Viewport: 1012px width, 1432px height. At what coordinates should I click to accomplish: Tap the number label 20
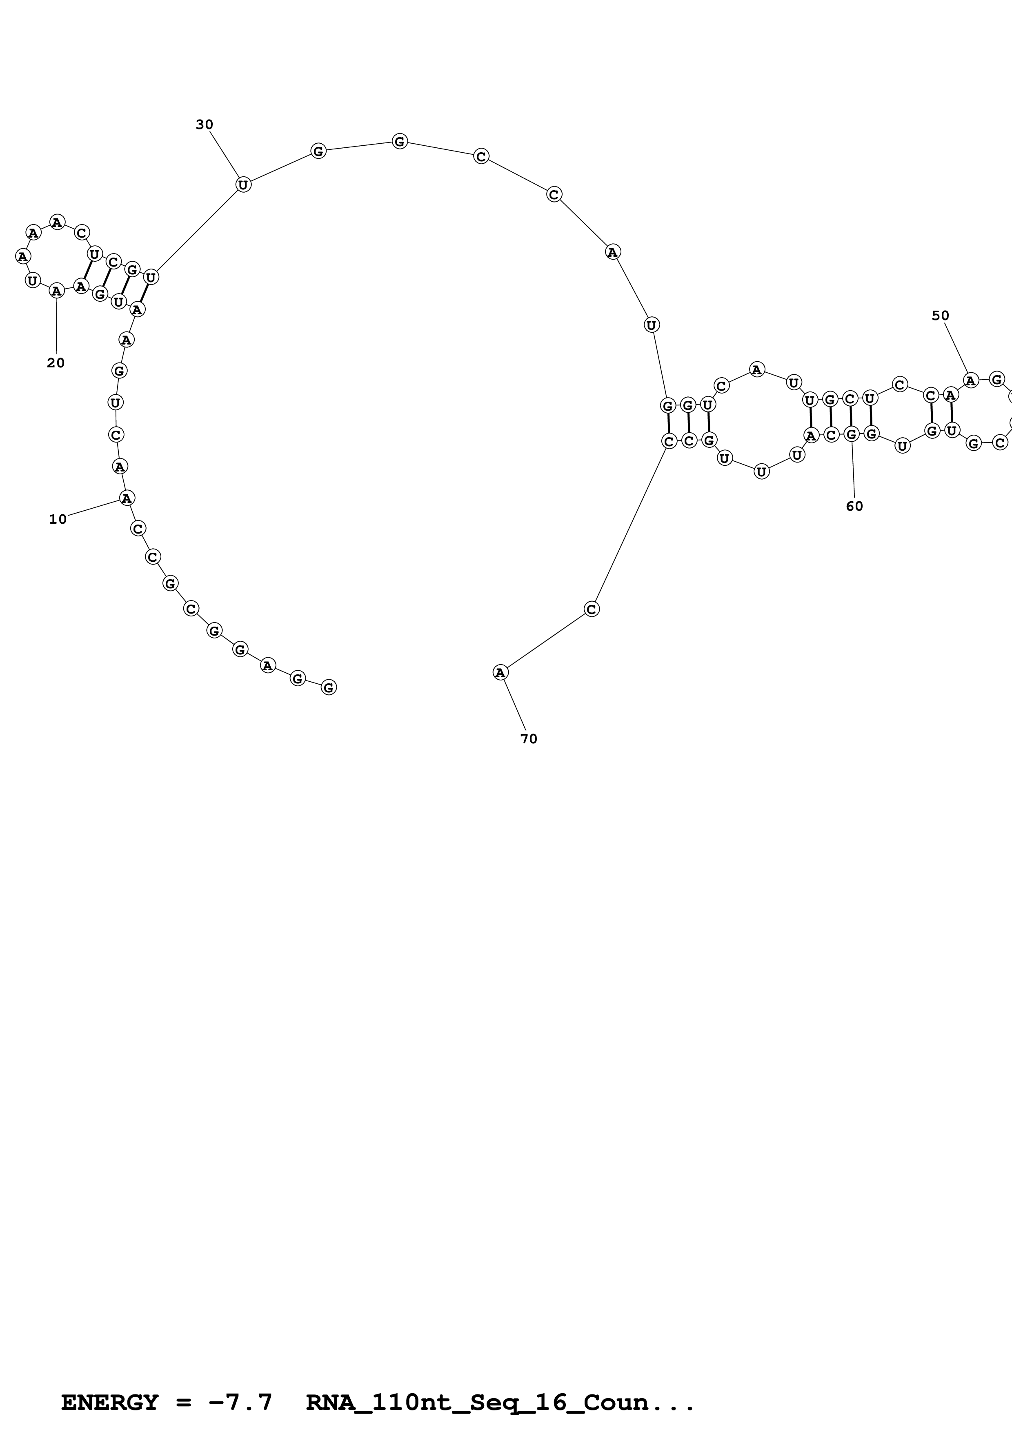coord(56,363)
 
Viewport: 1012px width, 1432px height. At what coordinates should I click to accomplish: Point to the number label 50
coord(940,316)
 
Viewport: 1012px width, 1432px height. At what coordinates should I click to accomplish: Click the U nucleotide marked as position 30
coord(243,185)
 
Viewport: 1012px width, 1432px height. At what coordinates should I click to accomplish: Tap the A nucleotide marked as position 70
coord(500,672)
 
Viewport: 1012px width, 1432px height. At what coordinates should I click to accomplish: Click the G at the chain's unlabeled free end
coord(329,687)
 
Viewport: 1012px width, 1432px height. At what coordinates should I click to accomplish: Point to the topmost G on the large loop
coord(400,142)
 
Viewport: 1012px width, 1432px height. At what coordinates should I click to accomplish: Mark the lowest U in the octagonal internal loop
coord(761,471)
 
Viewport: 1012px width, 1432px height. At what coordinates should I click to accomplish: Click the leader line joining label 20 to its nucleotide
coord(56,324)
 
